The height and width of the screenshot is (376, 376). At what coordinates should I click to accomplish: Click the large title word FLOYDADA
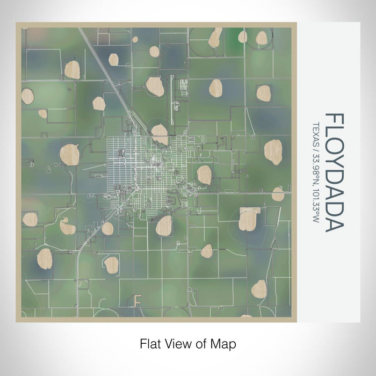(x=334, y=172)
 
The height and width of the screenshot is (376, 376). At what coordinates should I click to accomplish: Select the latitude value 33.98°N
(x=315, y=167)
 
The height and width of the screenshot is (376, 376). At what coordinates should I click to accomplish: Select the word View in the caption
(x=176, y=343)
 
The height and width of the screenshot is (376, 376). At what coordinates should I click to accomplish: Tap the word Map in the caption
(x=225, y=343)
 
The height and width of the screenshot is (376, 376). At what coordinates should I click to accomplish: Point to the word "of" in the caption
(x=200, y=343)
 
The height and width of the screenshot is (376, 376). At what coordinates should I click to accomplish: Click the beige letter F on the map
(x=137, y=299)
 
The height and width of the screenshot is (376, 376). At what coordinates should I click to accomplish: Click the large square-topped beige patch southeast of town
(x=249, y=218)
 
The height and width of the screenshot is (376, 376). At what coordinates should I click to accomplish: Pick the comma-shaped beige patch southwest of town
(x=67, y=227)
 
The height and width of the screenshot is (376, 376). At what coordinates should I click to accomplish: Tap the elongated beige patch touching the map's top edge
(x=215, y=37)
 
